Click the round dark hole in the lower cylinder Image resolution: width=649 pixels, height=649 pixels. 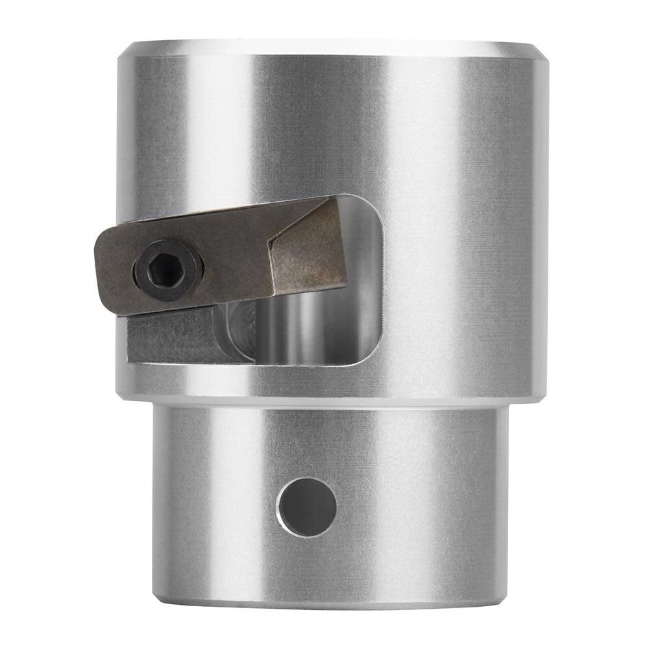tap(306, 507)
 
